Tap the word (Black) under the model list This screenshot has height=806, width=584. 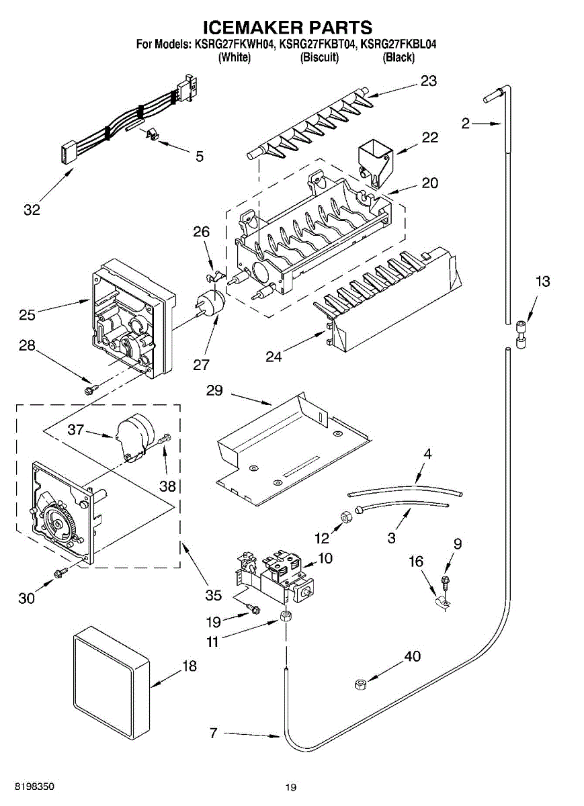pyautogui.click(x=399, y=58)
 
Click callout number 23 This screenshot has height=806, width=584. pyautogui.click(x=429, y=81)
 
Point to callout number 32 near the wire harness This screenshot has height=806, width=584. pyautogui.click(x=32, y=210)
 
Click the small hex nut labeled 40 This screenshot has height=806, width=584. pyautogui.click(x=360, y=684)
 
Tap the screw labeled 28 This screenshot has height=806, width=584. pyautogui.click(x=89, y=388)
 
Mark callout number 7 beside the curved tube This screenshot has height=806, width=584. pyautogui.click(x=213, y=733)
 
